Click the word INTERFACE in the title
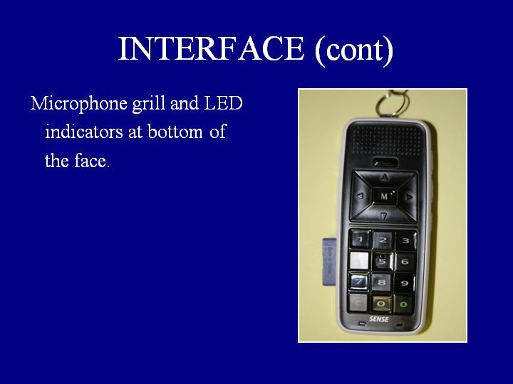coord(211,48)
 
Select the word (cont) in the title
coord(353,50)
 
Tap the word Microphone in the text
coord(79,104)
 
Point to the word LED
coord(224,103)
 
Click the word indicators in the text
coord(84,132)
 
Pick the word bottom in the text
coord(175,132)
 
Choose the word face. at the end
coord(92,161)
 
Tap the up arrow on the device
coord(385,177)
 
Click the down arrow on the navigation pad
coord(384,215)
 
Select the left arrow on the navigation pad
coord(360,196)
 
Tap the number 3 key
coord(406,240)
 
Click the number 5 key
coord(382,261)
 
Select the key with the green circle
coord(404,304)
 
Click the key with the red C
coord(358,303)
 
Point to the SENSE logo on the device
coord(379,319)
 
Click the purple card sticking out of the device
coord(329,262)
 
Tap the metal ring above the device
coord(392,103)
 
